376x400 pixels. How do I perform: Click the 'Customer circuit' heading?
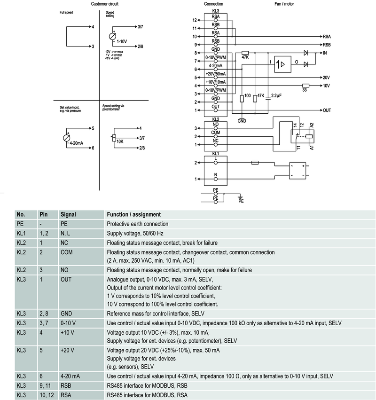[105, 4]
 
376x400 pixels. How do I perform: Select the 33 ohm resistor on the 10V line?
[305, 86]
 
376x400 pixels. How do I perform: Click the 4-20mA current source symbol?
[66, 138]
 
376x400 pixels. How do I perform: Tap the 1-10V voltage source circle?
[113, 36]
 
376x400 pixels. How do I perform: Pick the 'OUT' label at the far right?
[327, 110]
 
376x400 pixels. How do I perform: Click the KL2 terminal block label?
[216, 119]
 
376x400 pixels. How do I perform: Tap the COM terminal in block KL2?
[216, 133]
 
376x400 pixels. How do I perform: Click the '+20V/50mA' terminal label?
[216, 74]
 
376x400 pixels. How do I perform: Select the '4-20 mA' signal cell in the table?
[70, 376]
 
